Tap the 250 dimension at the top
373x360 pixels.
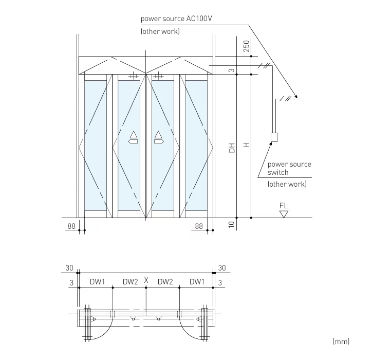(x=246, y=47)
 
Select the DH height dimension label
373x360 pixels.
(x=232, y=148)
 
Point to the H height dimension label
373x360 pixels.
(x=247, y=146)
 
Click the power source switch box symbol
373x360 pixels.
(x=274, y=137)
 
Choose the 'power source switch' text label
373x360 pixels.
(x=289, y=168)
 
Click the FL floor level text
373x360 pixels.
(x=284, y=205)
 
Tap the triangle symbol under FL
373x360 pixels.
(x=284, y=213)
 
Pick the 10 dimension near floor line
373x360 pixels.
(x=232, y=224)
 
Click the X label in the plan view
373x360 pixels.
(x=146, y=281)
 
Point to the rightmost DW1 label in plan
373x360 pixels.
(x=196, y=281)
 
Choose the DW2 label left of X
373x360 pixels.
(x=130, y=281)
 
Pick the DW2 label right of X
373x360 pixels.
(x=164, y=281)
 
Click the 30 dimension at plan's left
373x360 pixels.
(x=70, y=268)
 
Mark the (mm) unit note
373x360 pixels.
(x=341, y=341)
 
